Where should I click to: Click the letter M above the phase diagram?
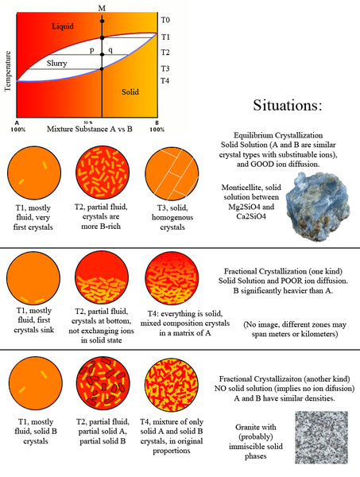[x=101, y=7]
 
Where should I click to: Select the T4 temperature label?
[x=165, y=81]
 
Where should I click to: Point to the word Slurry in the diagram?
[x=57, y=62]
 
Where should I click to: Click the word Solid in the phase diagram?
[x=130, y=92]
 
